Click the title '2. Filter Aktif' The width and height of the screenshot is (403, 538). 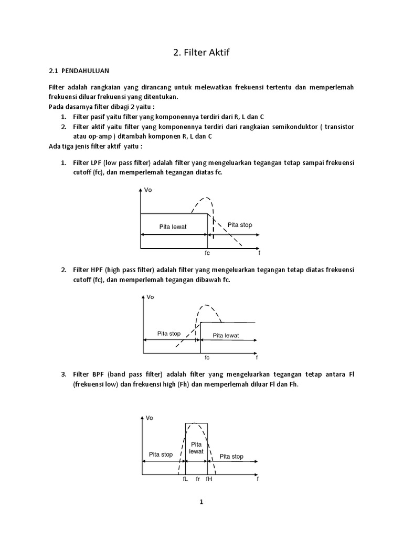(201, 52)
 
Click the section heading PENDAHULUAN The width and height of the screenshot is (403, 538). (86, 70)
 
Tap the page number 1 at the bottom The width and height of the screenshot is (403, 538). (201, 502)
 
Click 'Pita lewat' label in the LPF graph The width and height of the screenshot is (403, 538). (173, 227)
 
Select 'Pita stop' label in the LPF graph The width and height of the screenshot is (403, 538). (239, 225)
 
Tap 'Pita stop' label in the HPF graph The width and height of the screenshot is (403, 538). (169, 334)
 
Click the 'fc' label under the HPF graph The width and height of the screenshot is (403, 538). (207, 358)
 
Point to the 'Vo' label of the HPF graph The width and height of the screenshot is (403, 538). (150, 297)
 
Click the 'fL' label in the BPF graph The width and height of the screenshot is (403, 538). (185, 479)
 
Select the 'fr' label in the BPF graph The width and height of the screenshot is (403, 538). (197, 479)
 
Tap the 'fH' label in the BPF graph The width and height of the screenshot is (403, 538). (209, 479)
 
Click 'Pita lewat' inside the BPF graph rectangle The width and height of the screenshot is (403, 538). (196, 448)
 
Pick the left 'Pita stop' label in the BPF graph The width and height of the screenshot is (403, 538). (161, 454)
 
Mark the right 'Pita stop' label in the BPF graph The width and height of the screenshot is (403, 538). (231, 457)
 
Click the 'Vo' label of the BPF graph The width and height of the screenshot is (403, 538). (150, 418)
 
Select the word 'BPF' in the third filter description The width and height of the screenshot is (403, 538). (97, 375)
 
